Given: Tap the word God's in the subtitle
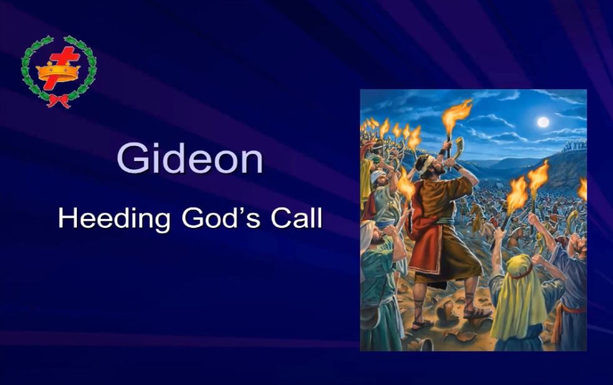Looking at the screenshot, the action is coord(221,218).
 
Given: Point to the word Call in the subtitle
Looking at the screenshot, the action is coord(297,218).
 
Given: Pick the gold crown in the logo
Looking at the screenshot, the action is coord(58,72).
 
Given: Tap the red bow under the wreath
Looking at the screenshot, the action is coord(58,101).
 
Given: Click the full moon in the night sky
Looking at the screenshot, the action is coord(542,122).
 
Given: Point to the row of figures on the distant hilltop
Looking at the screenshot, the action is coord(574,146).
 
